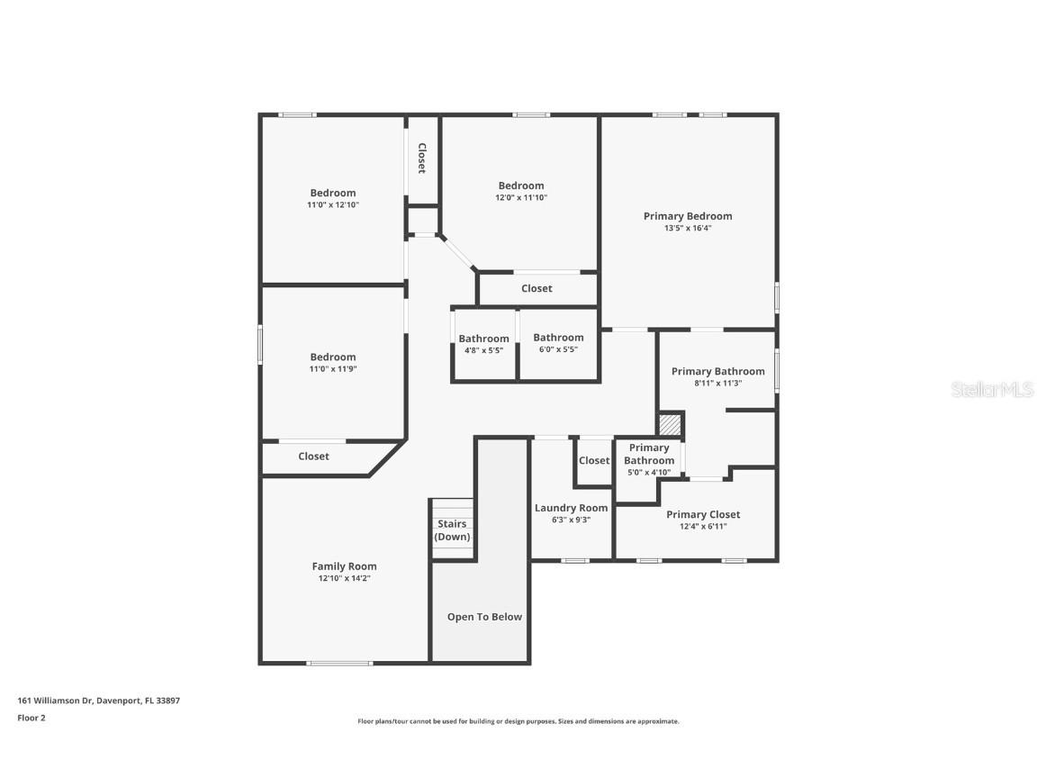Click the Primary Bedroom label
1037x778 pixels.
click(x=688, y=216)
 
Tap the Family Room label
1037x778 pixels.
click(x=344, y=566)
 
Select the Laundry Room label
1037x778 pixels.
click(x=571, y=508)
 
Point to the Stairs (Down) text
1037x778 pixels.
click(x=452, y=530)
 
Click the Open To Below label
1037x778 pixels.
click(x=484, y=617)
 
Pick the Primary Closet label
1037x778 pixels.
click(x=703, y=514)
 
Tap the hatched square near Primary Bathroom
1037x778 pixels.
click(x=670, y=425)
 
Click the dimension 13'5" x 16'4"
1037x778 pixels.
click(x=688, y=229)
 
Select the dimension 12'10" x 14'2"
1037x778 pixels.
click(x=344, y=579)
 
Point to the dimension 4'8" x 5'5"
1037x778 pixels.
click(x=483, y=350)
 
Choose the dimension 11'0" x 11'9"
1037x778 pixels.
click(x=333, y=369)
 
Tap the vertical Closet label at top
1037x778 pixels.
click(x=421, y=158)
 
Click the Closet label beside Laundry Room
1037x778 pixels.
click(x=594, y=460)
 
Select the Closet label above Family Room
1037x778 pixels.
click(x=313, y=457)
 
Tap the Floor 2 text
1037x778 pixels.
click(x=32, y=718)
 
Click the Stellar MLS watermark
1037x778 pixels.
click(x=993, y=390)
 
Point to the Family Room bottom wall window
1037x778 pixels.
click(x=339, y=664)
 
